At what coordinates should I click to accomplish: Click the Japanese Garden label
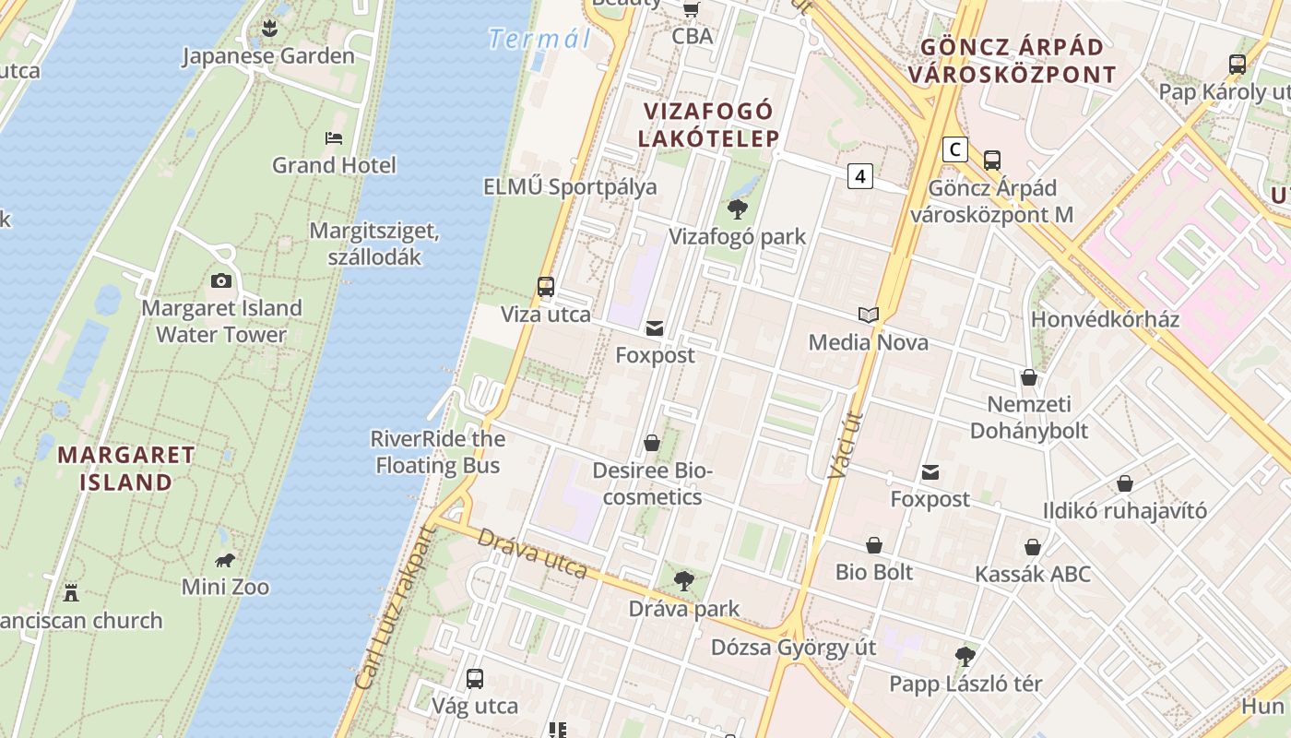[267, 56]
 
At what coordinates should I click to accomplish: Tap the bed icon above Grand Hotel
[334, 138]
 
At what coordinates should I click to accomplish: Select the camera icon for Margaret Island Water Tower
[221, 280]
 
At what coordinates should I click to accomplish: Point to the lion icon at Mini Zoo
[225, 560]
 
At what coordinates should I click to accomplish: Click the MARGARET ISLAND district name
[126, 468]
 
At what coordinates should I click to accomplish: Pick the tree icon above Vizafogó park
[737, 209]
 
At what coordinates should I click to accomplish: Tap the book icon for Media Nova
[868, 315]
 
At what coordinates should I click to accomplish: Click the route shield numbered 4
[859, 175]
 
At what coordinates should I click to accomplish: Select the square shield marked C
[955, 149]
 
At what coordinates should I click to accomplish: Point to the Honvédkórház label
[1105, 319]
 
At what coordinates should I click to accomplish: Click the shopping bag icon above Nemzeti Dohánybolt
[1029, 377]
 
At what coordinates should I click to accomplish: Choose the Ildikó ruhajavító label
[1124, 510]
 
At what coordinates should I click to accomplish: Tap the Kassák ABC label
[1033, 574]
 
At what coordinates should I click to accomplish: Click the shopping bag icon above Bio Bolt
[874, 545]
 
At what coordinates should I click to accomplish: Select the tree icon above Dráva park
[683, 581]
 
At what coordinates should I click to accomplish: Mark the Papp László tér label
[965, 684]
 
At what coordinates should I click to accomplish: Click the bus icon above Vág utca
[475, 679]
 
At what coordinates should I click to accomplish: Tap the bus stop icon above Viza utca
[546, 287]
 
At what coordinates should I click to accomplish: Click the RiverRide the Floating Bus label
[438, 452]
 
